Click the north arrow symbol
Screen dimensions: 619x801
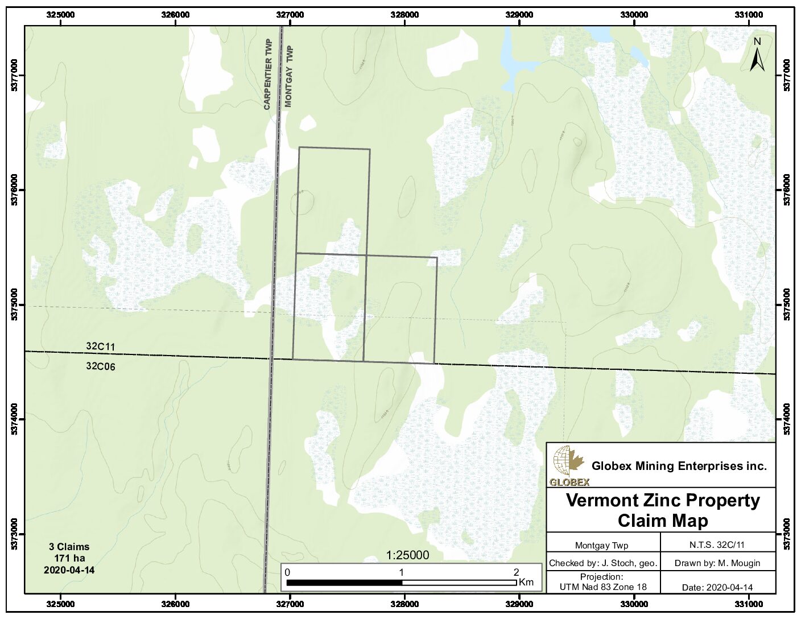757,56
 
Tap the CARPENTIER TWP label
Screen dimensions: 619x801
268,74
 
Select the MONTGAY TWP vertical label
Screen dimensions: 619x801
288,76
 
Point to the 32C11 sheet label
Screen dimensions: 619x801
101,346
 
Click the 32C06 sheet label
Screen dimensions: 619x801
101,366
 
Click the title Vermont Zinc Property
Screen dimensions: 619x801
663,500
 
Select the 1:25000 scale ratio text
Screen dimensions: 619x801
407,555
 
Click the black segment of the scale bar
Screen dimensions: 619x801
344,583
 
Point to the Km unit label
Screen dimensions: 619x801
526,581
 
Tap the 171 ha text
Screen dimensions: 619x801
69,558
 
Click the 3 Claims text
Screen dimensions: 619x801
69,547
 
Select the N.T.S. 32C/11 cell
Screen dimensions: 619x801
717,544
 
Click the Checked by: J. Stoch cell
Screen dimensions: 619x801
603,563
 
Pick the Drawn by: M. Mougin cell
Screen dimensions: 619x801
717,563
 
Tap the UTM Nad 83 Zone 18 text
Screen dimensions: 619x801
603,587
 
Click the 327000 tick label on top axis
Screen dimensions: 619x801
290,15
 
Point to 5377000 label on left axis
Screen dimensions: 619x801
15,75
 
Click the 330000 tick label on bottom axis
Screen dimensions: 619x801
634,604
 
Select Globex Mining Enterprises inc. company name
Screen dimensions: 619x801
679,466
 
